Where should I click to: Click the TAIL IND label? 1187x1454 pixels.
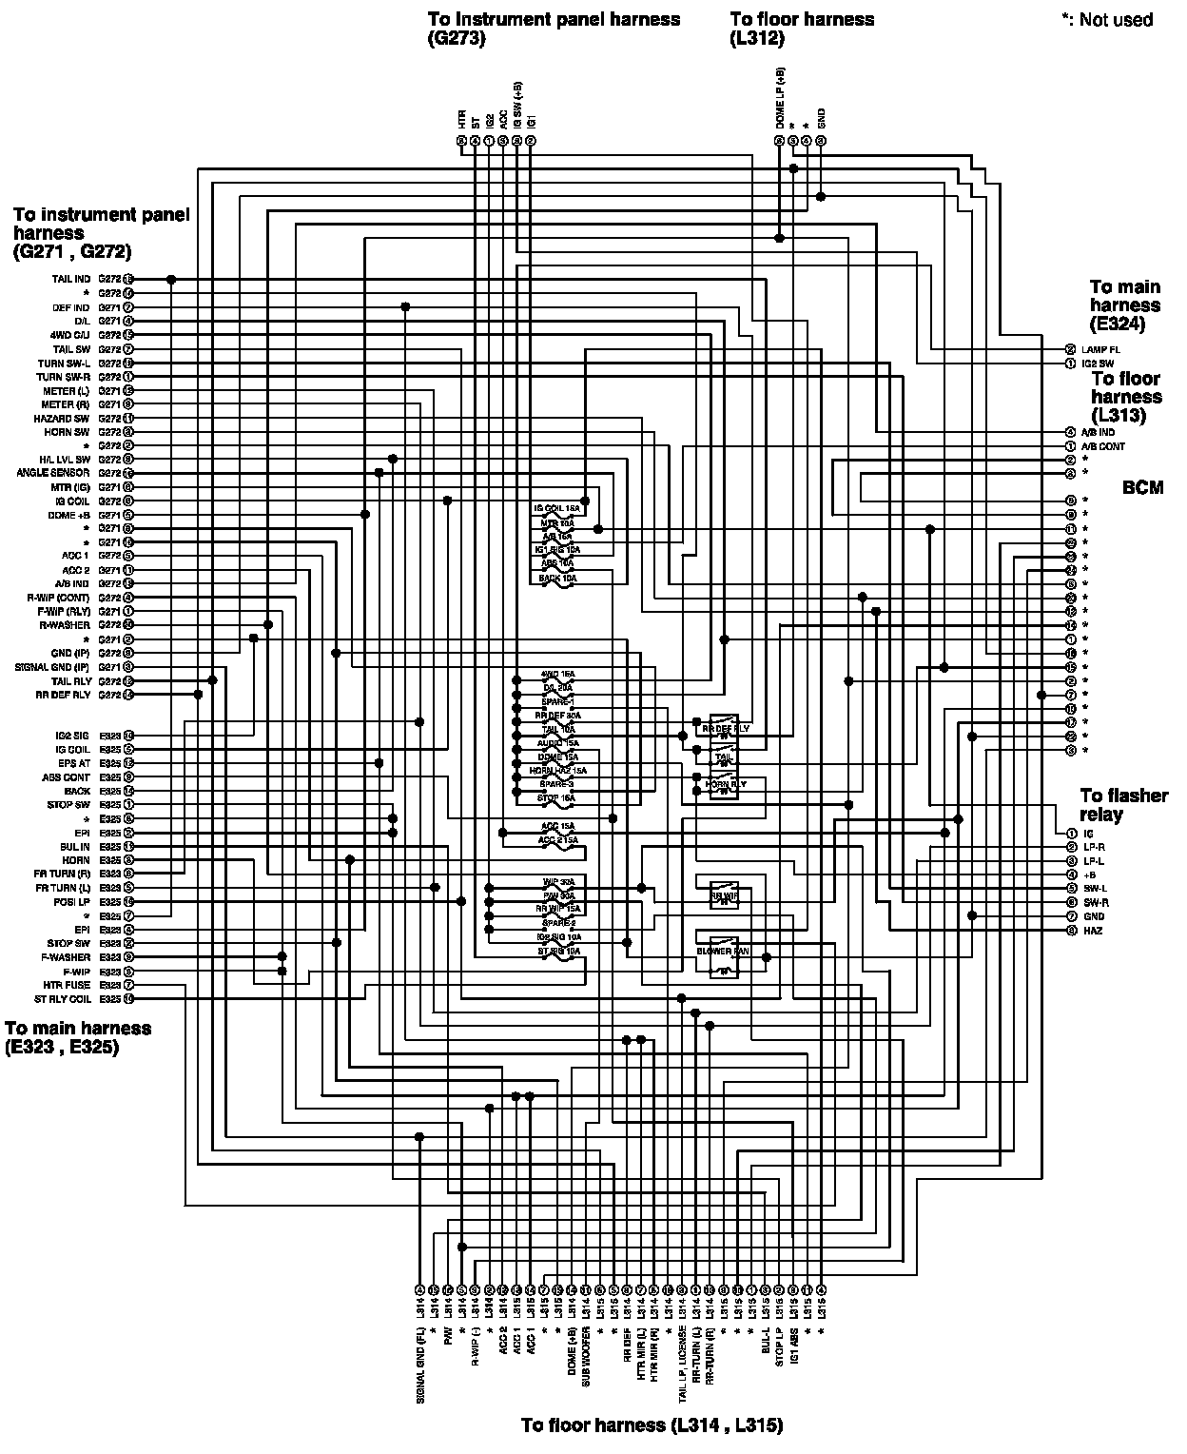coord(70,280)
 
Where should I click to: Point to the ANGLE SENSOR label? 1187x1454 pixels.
coord(53,473)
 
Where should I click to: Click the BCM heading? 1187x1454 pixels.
coord(1142,487)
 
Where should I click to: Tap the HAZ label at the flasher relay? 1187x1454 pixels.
coord(1092,930)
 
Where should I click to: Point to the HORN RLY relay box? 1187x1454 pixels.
coord(725,784)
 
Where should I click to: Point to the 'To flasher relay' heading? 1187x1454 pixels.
coord(1122,805)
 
